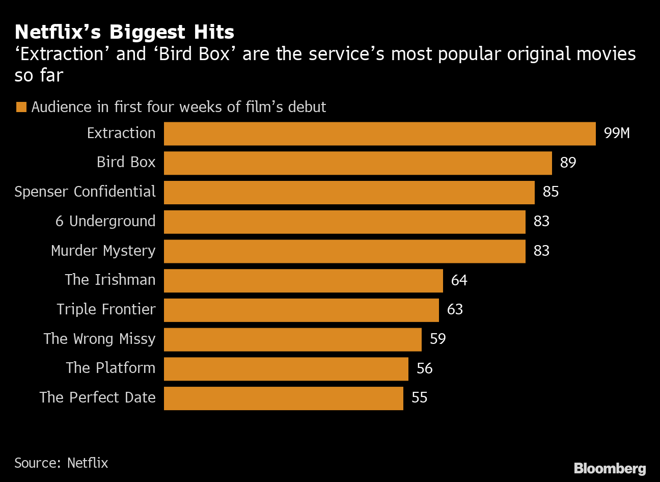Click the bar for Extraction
click(379, 133)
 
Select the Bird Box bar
click(358, 163)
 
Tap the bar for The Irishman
click(303, 281)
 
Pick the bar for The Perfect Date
click(283, 398)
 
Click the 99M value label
click(617, 133)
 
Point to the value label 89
click(568, 163)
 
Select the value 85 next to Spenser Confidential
click(551, 192)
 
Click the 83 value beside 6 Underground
click(541, 222)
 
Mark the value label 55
click(419, 398)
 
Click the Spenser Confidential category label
click(85, 192)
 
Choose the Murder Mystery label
click(103, 251)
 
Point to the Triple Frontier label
click(106, 310)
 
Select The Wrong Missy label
click(99, 339)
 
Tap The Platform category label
click(111, 368)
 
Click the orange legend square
click(21, 108)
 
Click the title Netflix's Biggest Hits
click(124, 32)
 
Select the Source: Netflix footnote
click(61, 463)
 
